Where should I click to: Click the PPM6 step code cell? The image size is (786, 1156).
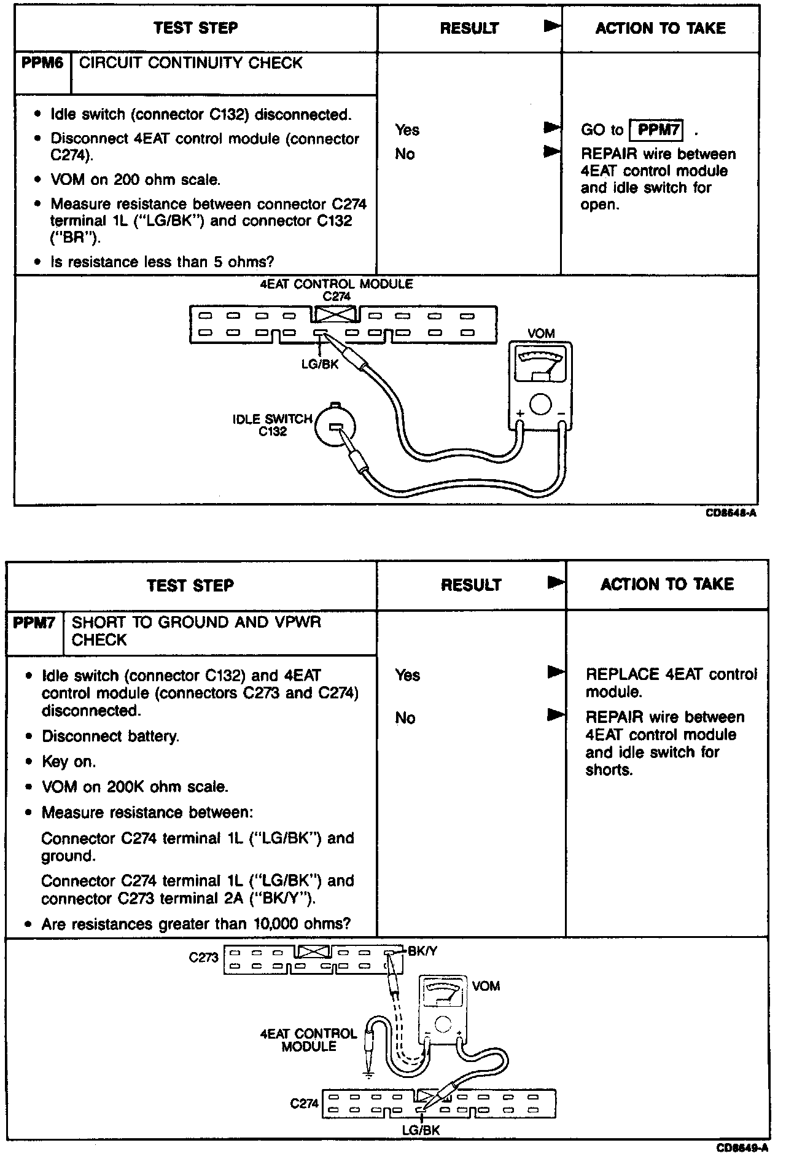click(x=42, y=63)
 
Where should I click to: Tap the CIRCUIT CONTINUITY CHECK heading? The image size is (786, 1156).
click(x=190, y=63)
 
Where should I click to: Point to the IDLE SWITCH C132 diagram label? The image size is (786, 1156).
click(x=272, y=425)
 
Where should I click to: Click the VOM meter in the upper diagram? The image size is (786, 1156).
click(x=540, y=386)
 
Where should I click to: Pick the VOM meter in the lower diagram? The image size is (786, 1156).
click(x=442, y=1013)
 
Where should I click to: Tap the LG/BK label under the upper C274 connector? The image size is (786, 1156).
click(x=320, y=364)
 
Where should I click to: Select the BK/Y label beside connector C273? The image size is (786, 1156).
click(x=423, y=951)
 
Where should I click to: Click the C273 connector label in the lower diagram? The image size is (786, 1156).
click(x=204, y=957)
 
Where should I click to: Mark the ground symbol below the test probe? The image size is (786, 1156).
click(x=368, y=1074)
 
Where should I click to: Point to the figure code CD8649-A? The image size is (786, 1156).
click(x=741, y=1147)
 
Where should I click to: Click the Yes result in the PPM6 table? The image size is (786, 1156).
click(x=407, y=130)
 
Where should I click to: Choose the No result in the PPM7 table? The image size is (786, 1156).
click(x=405, y=717)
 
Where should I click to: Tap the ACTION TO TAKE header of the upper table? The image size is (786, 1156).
click(x=660, y=28)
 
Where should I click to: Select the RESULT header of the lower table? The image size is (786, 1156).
click(x=471, y=585)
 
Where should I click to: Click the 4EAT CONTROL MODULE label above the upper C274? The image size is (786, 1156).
click(x=337, y=284)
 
